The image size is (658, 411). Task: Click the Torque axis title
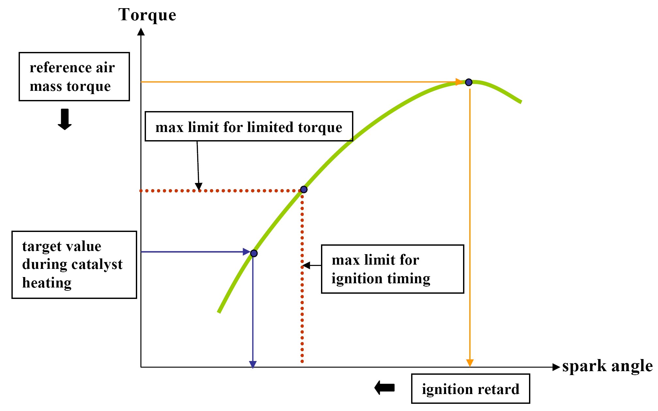pyautogui.click(x=147, y=15)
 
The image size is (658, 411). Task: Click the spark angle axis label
pyautogui.click(x=607, y=366)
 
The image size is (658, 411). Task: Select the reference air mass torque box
pyautogui.click(x=74, y=76)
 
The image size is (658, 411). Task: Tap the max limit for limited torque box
pyautogui.click(x=249, y=126)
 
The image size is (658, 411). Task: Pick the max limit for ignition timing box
pyautogui.click(x=392, y=269)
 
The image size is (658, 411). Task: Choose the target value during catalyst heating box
pyautogui.click(x=74, y=265)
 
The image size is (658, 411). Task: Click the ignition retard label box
pyautogui.click(x=470, y=389)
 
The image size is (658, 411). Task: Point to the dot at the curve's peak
pyautogui.click(x=469, y=82)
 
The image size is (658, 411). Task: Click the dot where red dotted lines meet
pyautogui.click(x=304, y=189)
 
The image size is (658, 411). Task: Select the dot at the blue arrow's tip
pyautogui.click(x=254, y=253)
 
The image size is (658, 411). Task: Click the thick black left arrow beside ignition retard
pyautogui.click(x=384, y=388)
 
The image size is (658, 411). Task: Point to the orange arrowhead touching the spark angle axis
pyautogui.click(x=470, y=363)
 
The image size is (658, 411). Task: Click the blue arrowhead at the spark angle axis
pyautogui.click(x=253, y=365)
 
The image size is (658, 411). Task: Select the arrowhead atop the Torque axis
pyautogui.click(x=141, y=32)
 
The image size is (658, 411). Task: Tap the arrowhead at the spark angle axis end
pyautogui.click(x=556, y=367)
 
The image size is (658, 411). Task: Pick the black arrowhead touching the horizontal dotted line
pyautogui.click(x=199, y=186)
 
